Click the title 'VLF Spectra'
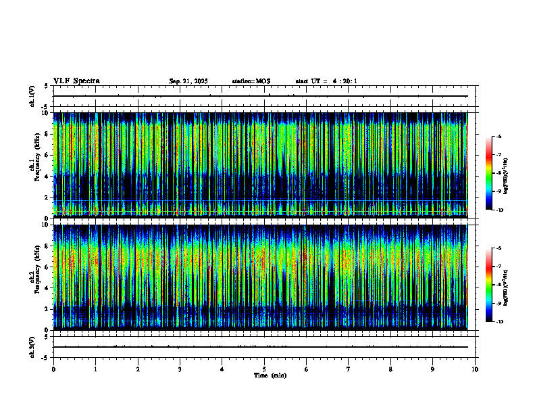76,81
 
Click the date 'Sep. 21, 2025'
188,81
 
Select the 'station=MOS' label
251,81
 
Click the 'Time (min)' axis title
270,375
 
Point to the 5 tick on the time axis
264,369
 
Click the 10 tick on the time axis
475,369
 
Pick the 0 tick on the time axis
53,369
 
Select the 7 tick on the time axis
349,369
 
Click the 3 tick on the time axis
180,369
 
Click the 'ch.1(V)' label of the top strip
32,96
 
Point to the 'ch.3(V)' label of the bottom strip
32,346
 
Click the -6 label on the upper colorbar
499,137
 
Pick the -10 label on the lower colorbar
499,322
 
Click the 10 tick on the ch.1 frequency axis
46,113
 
